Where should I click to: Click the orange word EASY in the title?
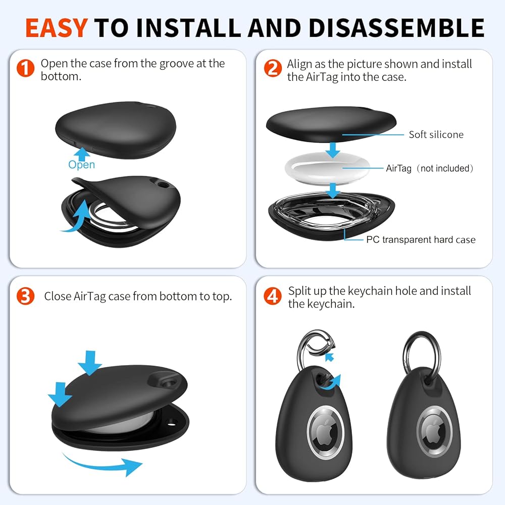[x=57, y=28]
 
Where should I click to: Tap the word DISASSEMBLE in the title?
[x=396, y=28]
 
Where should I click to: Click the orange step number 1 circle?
[x=25, y=68]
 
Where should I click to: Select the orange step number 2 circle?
[x=273, y=68]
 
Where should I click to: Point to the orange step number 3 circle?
[x=25, y=296]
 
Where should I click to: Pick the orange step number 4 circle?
[x=273, y=296]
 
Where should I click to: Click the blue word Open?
[x=81, y=165]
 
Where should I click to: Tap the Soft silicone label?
[x=436, y=134]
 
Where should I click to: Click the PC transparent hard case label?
[x=421, y=239]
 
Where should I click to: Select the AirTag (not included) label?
[x=430, y=168]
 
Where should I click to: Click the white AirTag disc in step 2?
[x=327, y=168]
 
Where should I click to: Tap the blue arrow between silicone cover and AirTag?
[x=333, y=150]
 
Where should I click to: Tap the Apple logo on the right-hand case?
[x=434, y=431]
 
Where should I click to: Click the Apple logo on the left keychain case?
[x=324, y=431]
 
